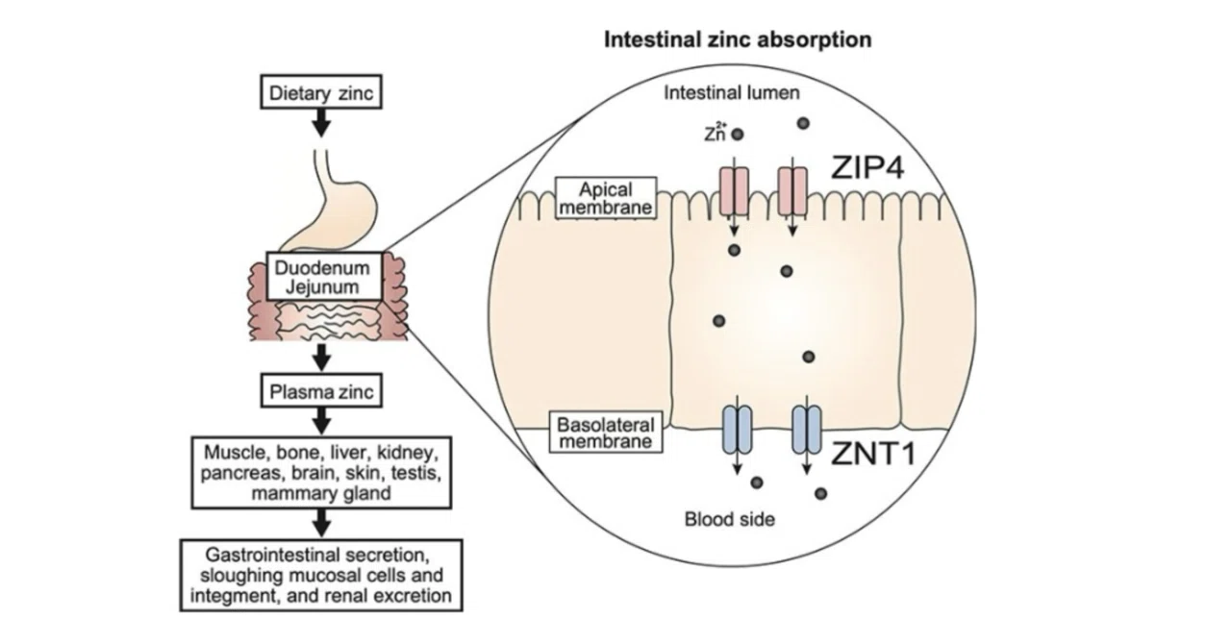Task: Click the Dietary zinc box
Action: click(321, 91)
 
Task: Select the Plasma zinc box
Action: click(321, 390)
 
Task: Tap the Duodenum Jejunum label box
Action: click(324, 277)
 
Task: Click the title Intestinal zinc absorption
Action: click(738, 39)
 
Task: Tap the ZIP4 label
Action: click(867, 167)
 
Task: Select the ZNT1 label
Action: click(872, 454)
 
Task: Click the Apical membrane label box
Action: click(606, 198)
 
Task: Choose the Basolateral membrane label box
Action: click(606, 433)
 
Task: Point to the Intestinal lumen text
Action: click(732, 92)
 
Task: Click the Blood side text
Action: click(729, 519)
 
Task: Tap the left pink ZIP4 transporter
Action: click(734, 191)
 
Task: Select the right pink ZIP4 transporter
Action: click(792, 191)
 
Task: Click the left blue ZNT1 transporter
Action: click(737, 429)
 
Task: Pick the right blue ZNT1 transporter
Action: click(807, 429)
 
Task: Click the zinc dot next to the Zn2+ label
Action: click(738, 134)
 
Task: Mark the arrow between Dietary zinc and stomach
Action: click(321, 122)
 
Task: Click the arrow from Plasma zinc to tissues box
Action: click(321, 421)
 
